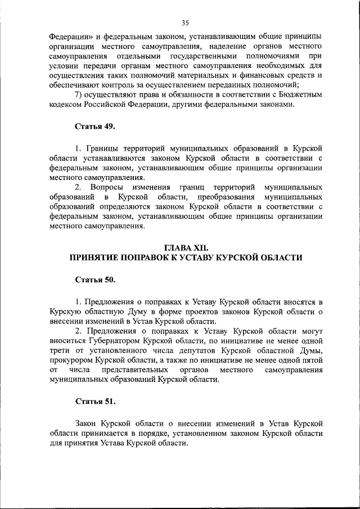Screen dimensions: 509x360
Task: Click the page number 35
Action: (185, 22)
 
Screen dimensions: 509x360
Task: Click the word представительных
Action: (135, 370)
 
